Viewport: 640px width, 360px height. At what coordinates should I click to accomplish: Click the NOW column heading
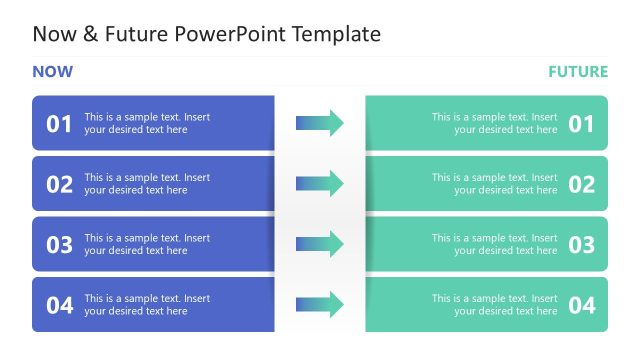(x=52, y=72)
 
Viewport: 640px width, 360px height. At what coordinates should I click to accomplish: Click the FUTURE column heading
(x=577, y=72)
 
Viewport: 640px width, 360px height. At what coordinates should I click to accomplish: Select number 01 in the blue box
(x=60, y=124)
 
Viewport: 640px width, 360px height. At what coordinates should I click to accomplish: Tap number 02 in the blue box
(x=60, y=184)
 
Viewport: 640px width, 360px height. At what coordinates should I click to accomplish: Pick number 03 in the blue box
(x=60, y=245)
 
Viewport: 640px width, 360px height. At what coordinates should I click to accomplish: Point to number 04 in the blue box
(x=60, y=305)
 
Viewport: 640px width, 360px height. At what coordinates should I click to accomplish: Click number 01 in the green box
(x=582, y=124)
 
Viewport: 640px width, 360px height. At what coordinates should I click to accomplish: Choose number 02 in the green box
(x=582, y=184)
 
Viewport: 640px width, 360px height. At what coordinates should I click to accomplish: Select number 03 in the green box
(x=582, y=245)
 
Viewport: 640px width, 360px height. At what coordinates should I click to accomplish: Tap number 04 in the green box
(x=582, y=305)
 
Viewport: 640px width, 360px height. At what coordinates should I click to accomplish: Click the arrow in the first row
(x=320, y=123)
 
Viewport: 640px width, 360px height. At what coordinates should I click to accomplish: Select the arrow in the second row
(x=320, y=184)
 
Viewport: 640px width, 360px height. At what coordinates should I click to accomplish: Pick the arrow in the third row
(x=320, y=244)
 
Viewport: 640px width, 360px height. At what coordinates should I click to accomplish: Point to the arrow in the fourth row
(x=320, y=305)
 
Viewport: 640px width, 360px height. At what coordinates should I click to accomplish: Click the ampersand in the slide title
(x=89, y=34)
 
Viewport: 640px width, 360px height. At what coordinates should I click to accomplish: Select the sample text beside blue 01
(x=147, y=123)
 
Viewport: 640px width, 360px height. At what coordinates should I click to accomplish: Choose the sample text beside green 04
(x=495, y=305)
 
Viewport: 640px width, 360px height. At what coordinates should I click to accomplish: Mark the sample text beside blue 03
(x=147, y=244)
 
